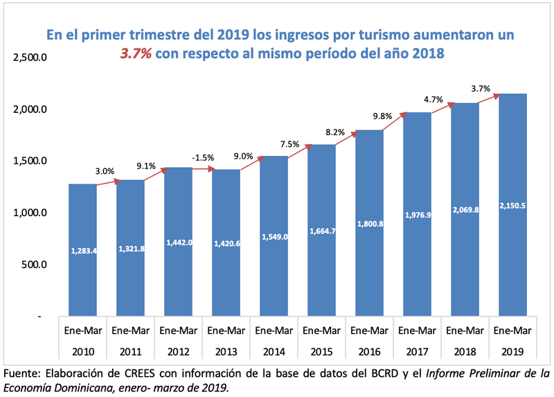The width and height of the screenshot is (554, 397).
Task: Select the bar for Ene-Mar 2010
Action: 83,249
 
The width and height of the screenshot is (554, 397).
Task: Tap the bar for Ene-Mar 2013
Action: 226,242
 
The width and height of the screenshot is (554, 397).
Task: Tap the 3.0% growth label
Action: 105,170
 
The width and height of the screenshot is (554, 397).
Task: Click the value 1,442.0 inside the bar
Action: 179,242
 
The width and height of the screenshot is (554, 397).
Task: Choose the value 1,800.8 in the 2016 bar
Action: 370,224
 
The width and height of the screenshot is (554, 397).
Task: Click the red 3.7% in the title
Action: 136,53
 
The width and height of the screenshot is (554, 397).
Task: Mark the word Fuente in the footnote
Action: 22,374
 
